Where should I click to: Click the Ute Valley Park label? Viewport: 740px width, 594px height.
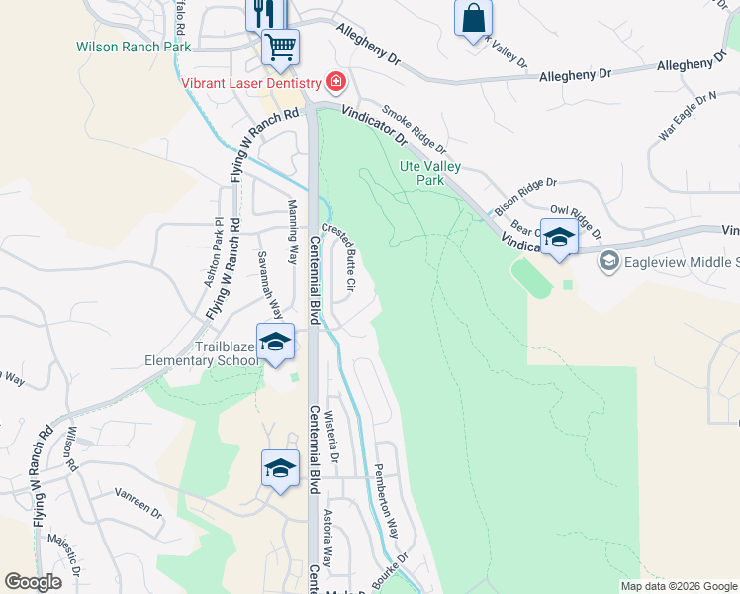(x=430, y=174)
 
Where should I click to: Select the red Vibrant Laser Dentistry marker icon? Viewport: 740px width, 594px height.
(x=337, y=81)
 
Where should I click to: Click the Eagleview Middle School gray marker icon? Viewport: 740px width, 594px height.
(x=608, y=261)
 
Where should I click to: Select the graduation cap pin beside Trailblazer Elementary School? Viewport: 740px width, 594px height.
(x=275, y=343)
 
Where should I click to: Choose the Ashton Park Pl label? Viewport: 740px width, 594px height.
(x=211, y=252)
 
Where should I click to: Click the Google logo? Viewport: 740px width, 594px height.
(x=33, y=582)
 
